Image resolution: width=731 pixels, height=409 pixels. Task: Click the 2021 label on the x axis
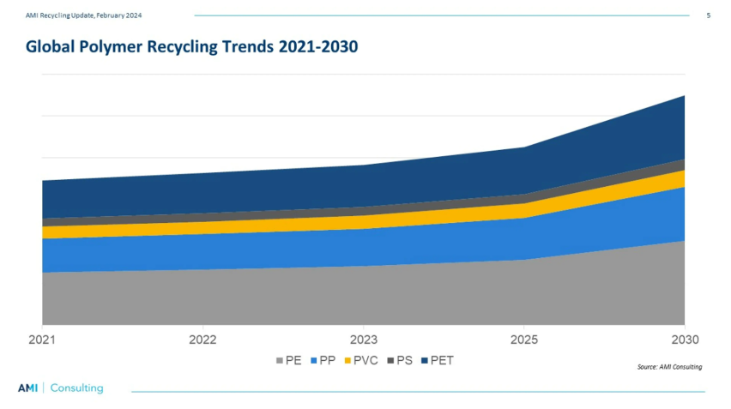click(42, 340)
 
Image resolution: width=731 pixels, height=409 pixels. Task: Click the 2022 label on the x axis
click(202, 340)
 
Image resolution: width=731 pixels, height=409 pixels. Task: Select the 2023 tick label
click(364, 340)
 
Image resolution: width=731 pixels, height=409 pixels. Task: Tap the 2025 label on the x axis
click(524, 340)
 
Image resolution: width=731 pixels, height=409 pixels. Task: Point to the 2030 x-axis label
click(684, 340)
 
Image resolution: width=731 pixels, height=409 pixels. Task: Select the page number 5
click(708, 15)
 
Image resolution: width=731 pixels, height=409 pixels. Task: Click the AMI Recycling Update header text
click(83, 15)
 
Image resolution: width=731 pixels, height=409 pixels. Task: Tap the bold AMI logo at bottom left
click(28, 388)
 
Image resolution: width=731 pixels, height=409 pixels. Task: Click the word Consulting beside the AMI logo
click(76, 388)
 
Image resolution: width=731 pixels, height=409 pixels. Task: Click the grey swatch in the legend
click(279, 361)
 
